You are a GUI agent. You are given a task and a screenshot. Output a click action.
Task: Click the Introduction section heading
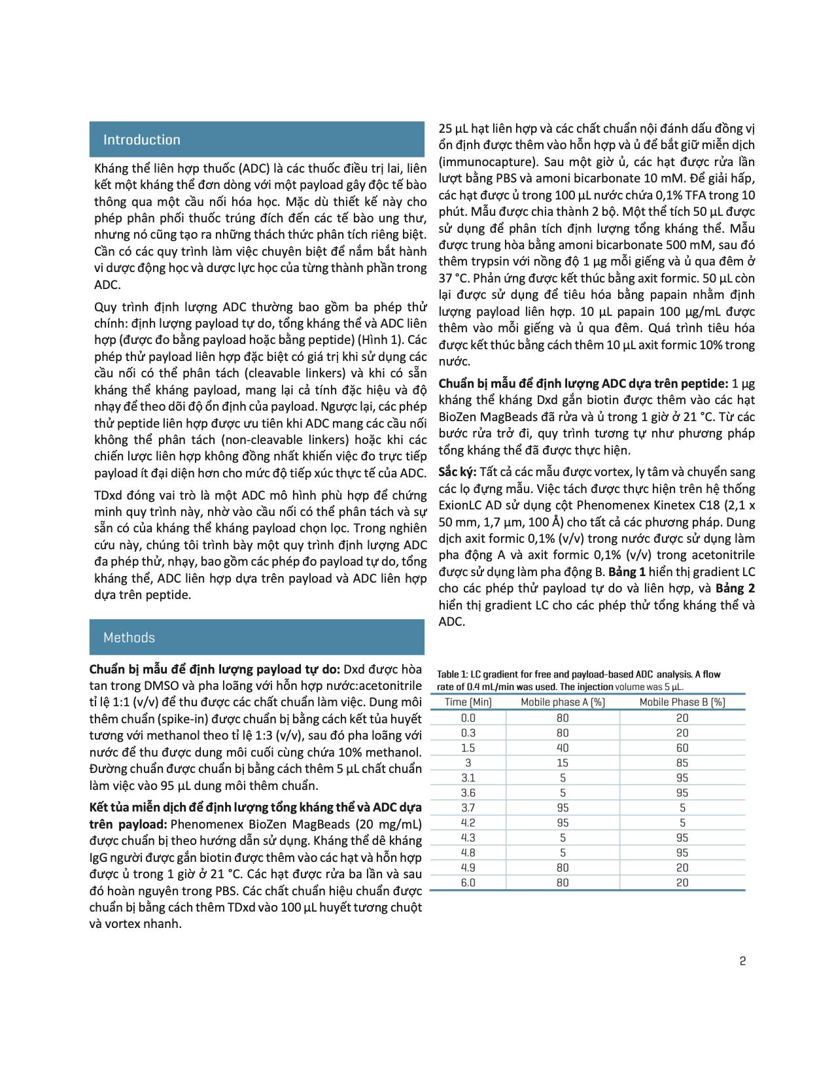(141, 140)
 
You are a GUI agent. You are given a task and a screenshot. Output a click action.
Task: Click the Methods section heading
(129, 638)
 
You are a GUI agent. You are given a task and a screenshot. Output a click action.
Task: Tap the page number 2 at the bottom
(742, 961)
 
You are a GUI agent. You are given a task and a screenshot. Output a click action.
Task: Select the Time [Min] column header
(468, 702)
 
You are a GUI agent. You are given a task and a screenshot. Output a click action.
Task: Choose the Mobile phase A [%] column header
(563, 702)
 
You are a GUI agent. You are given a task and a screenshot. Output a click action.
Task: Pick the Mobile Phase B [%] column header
(682, 702)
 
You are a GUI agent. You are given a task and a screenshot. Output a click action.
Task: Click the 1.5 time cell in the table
(468, 747)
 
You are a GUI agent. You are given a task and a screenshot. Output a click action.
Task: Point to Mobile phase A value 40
(563, 747)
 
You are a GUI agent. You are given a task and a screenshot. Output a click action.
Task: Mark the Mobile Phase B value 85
(682, 762)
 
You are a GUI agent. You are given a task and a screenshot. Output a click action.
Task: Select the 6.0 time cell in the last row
(468, 883)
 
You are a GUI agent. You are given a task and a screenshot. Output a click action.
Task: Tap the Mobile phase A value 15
(563, 762)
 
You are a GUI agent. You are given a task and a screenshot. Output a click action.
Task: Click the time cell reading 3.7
(468, 808)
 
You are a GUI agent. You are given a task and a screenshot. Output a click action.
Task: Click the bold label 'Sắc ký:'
(457, 472)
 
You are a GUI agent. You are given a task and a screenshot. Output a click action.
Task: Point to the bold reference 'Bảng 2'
(735, 588)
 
